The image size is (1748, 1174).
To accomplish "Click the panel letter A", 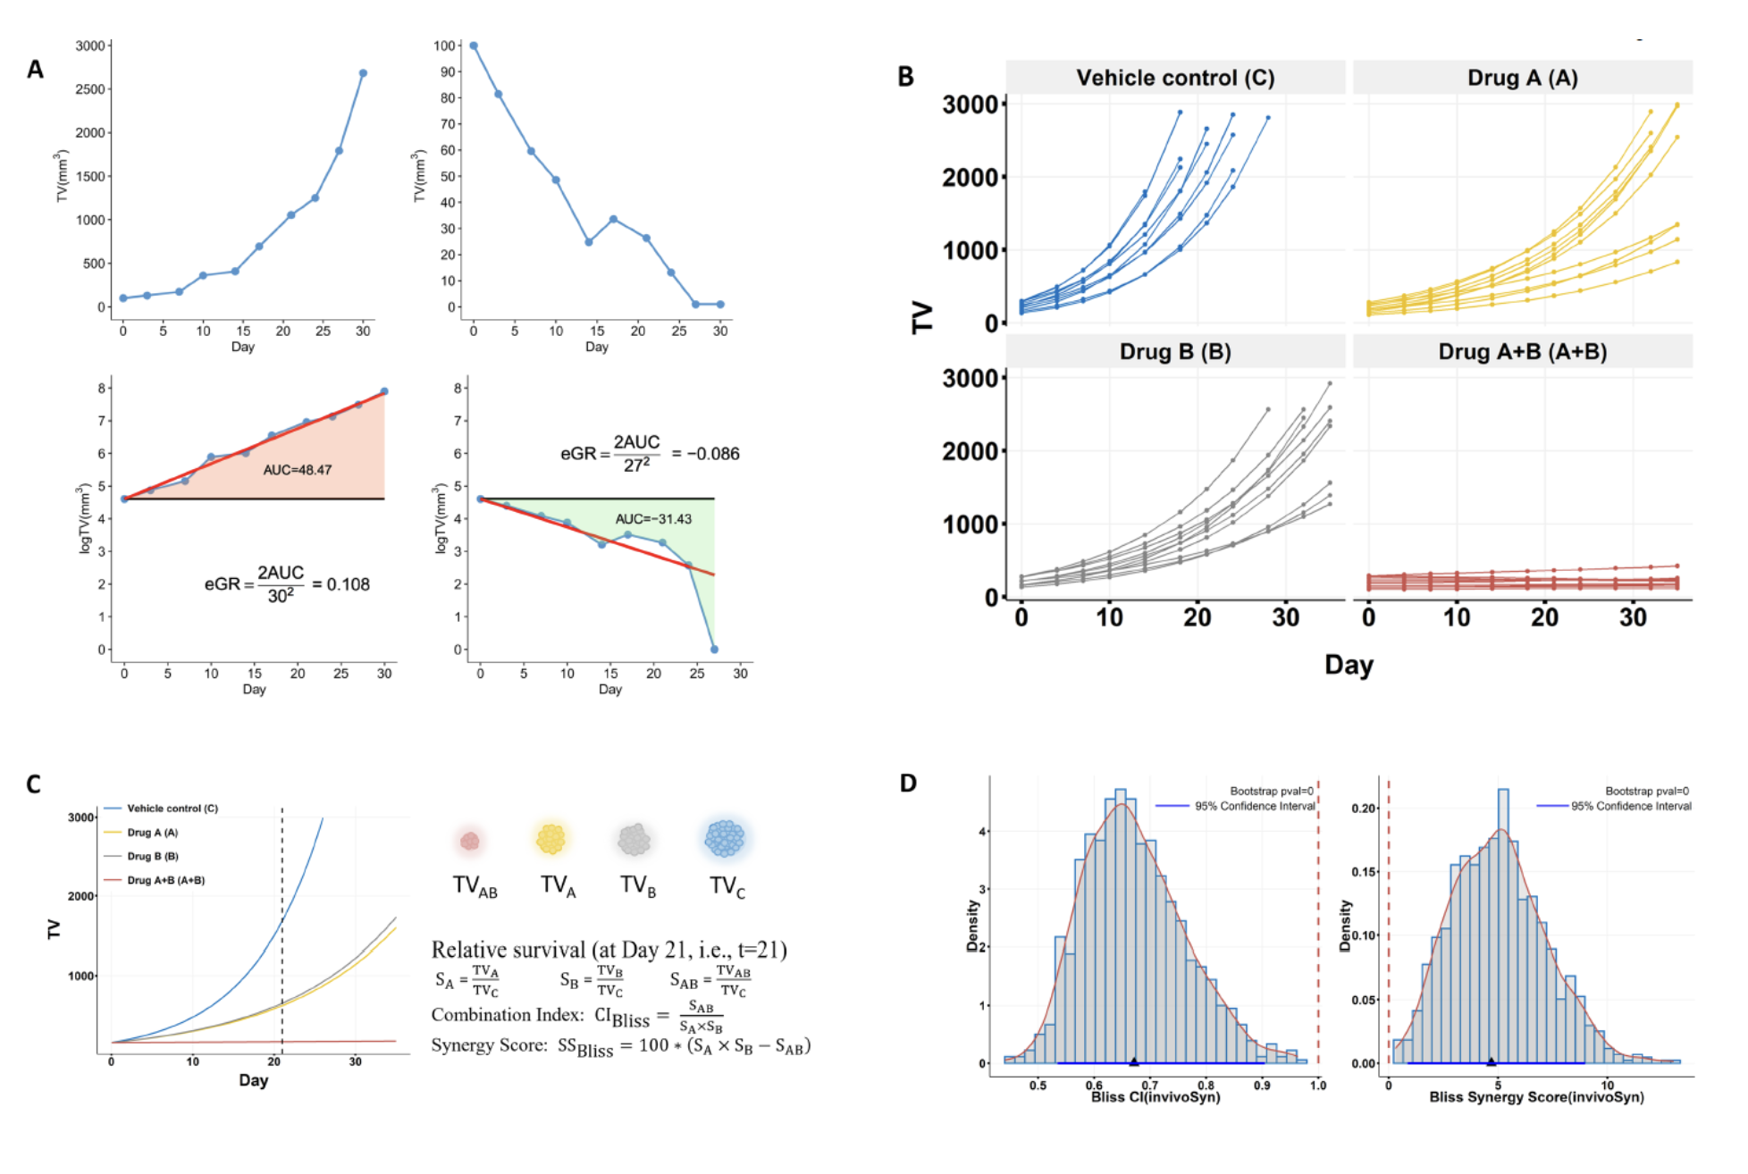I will point(35,70).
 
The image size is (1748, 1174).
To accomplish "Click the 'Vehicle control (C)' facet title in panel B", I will point(1174,78).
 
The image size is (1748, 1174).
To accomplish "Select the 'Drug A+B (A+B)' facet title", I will point(1522,352).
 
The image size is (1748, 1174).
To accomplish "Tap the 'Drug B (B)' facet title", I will point(1174,352).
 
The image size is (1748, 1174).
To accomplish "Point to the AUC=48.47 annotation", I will point(297,470).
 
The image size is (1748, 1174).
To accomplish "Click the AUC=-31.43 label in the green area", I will point(652,519).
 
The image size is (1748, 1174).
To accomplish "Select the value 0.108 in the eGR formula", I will point(349,584).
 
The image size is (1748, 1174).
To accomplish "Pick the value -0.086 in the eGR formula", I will point(712,454).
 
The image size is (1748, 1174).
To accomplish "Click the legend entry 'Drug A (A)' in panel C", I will point(152,833).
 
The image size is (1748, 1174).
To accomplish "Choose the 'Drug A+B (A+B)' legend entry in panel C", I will point(165,880).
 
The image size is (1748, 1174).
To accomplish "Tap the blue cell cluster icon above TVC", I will point(725,839).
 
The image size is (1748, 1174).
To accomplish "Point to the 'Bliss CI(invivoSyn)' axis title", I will point(1155,1097).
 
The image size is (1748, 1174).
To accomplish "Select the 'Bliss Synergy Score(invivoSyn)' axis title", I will point(1535,1097).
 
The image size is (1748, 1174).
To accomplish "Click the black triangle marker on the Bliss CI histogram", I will point(1134,1061).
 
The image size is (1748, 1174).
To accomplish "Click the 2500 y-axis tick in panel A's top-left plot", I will point(89,89).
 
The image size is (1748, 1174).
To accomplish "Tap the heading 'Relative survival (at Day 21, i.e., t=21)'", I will point(609,950).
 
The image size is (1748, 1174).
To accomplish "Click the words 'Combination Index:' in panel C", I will point(506,1015).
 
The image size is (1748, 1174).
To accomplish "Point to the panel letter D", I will point(908,784).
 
